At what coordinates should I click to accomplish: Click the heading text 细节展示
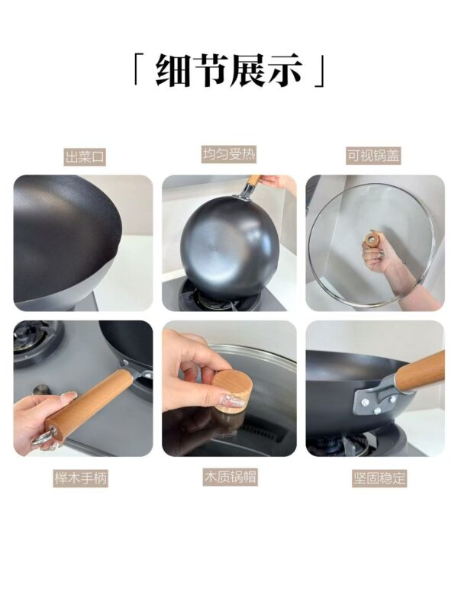pos(229,70)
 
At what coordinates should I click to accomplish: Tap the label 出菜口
pos(85,157)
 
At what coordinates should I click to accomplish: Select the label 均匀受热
pos(229,154)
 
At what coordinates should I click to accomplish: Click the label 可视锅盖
pos(373,155)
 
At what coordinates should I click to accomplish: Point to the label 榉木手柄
pos(80,478)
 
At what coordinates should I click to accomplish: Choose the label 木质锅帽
pos(230,477)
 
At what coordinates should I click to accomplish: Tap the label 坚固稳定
pos(379,478)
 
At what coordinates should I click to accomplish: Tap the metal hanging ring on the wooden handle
pos(43,437)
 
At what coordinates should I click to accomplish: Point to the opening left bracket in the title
pos(137,71)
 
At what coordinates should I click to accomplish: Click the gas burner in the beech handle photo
pos(33,339)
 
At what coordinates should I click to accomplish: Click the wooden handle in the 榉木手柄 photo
pos(88,404)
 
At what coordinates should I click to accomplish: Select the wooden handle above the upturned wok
pos(254,182)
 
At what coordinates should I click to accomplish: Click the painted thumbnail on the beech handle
pos(69,397)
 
